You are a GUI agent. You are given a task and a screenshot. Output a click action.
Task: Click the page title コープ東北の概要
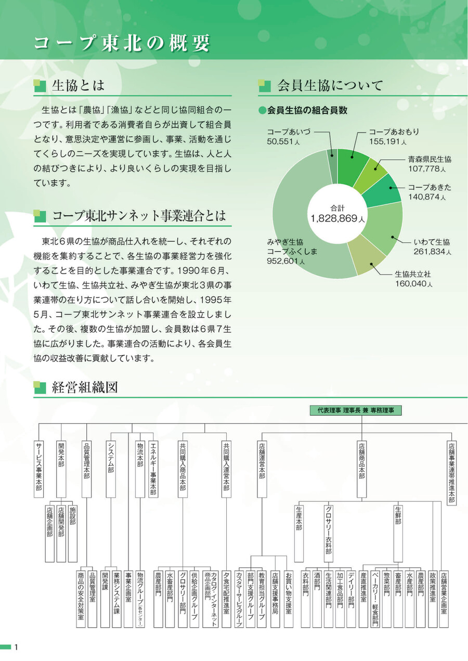pos(122,43)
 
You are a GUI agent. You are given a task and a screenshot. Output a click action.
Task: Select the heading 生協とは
pos(78,85)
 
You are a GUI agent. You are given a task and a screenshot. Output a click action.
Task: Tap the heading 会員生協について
pos(330,85)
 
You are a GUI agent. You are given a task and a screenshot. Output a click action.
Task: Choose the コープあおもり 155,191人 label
pos(394,137)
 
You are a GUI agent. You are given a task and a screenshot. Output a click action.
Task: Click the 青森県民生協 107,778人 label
pos(430,164)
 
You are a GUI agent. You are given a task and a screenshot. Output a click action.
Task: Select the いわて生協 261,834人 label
pos(432,247)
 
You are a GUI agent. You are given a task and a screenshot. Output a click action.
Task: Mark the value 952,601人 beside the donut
pos(286,261)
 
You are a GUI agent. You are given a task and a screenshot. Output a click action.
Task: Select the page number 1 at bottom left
pos(17,647)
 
